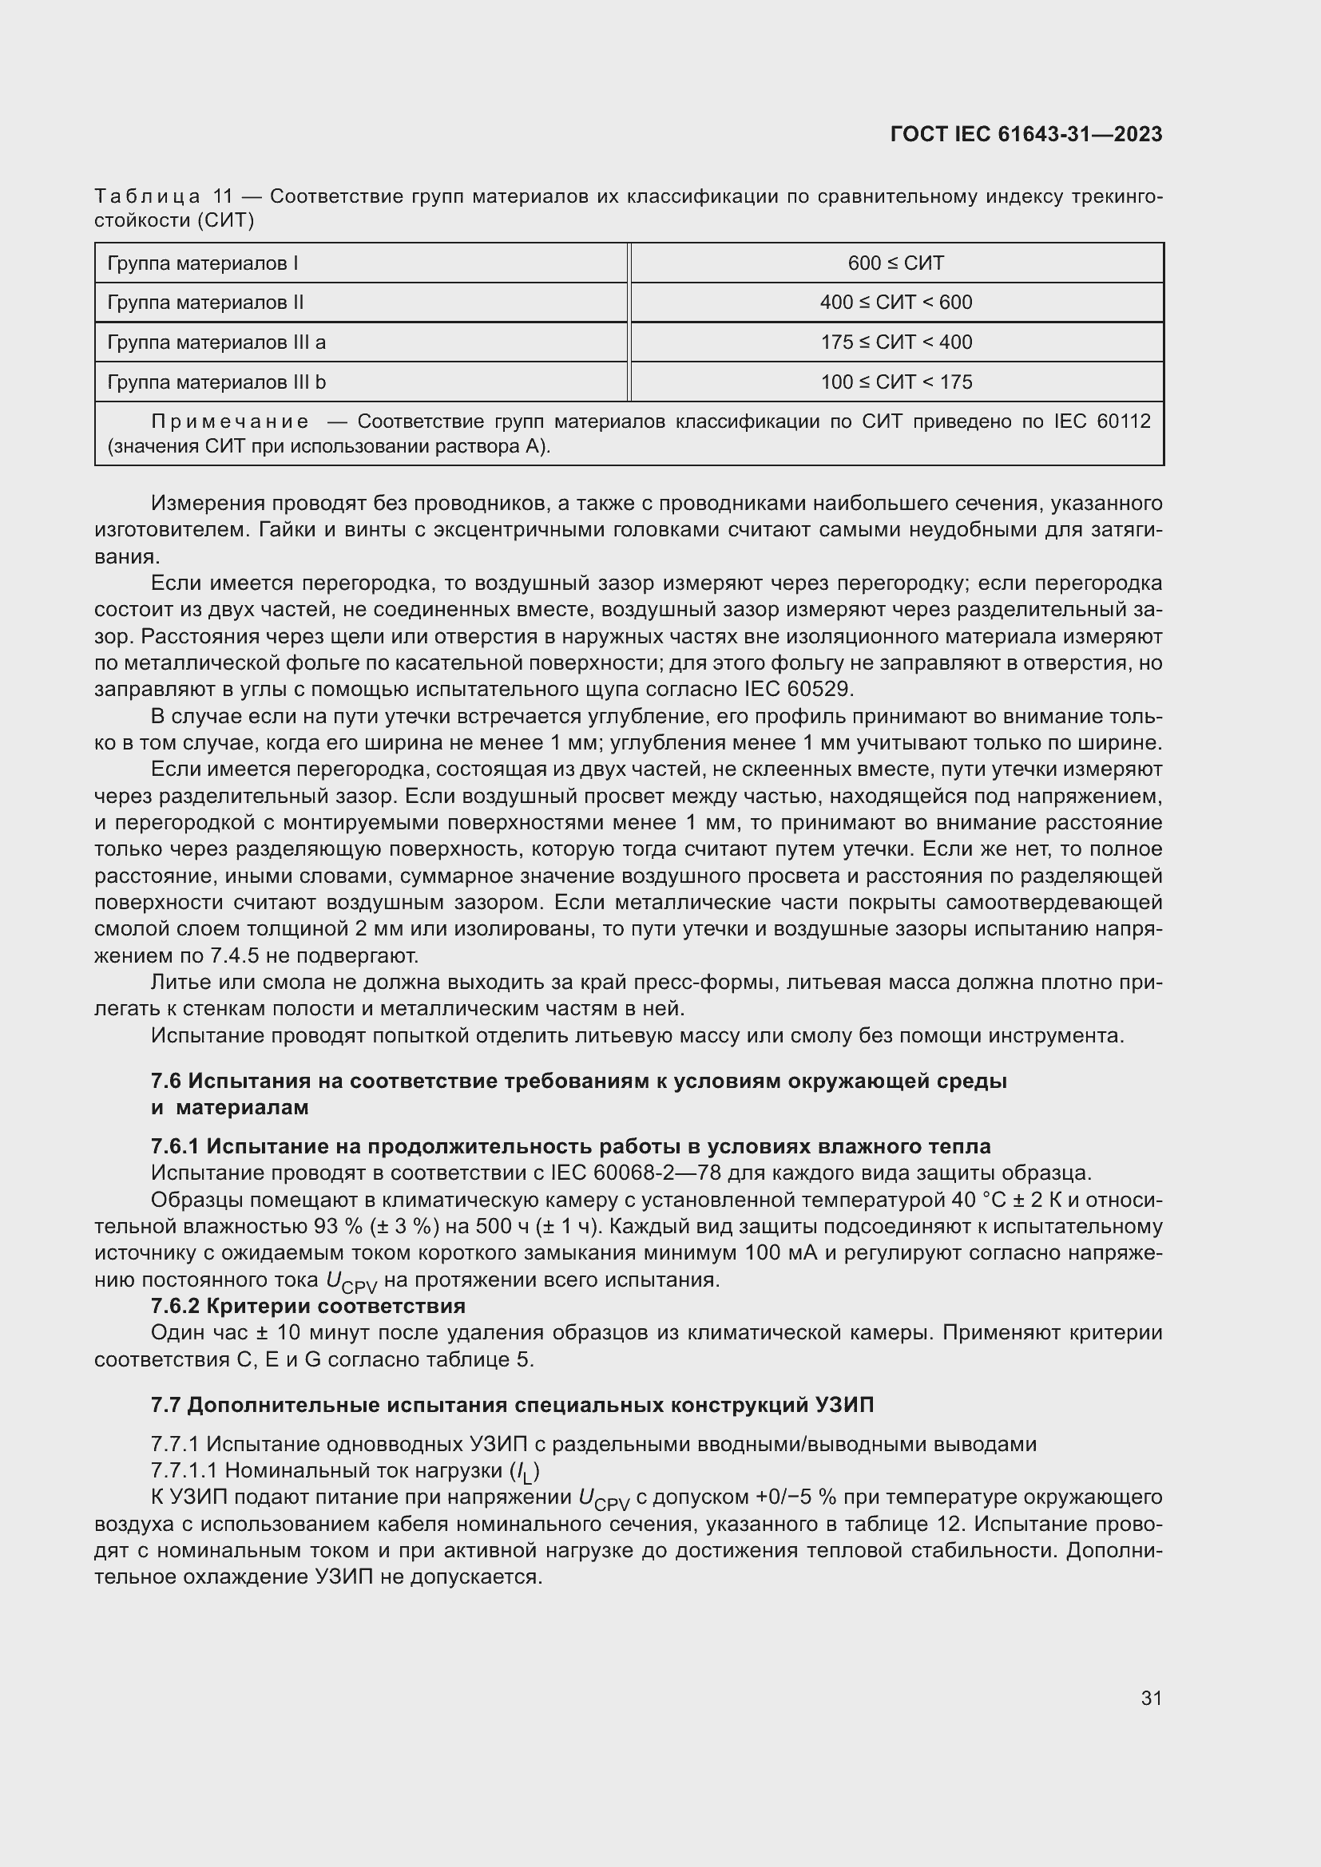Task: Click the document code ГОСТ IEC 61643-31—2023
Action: click(x=1025, y=134)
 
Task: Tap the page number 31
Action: click(x=1151, y=1698)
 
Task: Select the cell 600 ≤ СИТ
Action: click(x=895, y=263)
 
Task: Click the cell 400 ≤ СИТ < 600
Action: click(x=895, y=303)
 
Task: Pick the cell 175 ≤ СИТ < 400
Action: click(x=895, y=342)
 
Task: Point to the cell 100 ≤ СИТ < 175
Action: click(x=895, y=382)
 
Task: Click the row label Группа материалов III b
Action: click(x=216, y=382)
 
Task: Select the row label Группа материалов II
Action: click(x=205, y=303)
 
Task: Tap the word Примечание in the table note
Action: click(x=230, y=421)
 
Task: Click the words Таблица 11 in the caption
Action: click(x=164, y=197)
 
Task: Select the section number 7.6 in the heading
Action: click(x=167, y=1081)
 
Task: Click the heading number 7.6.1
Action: click(x=175, y=1146)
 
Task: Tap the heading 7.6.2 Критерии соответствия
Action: click(x=307, y=1306)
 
